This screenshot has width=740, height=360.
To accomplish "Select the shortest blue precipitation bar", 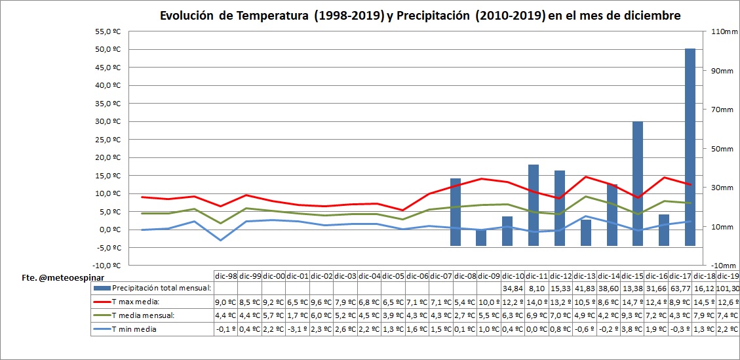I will click(481, 237).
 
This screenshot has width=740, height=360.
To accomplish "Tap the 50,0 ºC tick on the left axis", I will click(109, 49).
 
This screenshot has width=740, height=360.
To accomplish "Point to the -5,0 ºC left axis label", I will click(107, 247).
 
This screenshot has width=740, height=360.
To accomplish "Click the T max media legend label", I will click(137, 302).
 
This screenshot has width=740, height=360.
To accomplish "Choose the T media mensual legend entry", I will click(144, 315).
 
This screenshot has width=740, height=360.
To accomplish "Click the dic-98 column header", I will click(226, 275).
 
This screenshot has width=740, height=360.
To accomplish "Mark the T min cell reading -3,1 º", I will click(298, 329).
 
